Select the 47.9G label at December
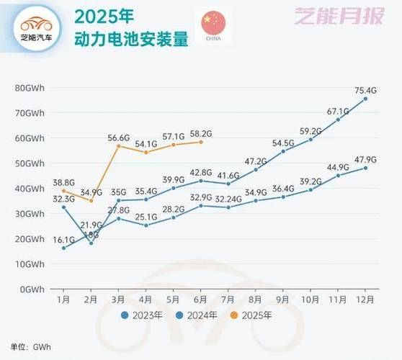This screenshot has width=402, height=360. pos(366,159)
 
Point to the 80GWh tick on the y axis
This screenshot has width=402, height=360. pos(30,88)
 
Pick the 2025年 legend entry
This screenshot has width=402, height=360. pos(253,315)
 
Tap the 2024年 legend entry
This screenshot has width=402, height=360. pos(199,315)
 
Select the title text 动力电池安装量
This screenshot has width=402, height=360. pos(130,39)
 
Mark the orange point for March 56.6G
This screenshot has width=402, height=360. pos(119,146)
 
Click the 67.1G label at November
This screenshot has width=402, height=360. pos(338,112)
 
